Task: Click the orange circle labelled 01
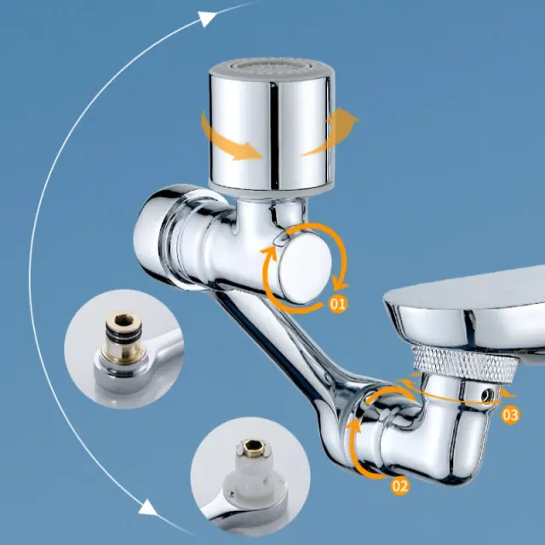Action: [x=338, y=304]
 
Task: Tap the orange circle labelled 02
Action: [x=399, y=486]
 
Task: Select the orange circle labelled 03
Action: [x=510, y=415]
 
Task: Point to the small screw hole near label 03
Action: [x=488, y=394]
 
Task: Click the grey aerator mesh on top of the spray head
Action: [x=272, y=66]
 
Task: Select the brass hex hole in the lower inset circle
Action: [x=251, y=445]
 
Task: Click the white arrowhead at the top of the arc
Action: [x=208, y=18]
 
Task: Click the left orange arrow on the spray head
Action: [x=229, y=138]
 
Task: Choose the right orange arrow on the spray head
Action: [x=331, y=130]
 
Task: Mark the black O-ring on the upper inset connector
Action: [x=124, y=333]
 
